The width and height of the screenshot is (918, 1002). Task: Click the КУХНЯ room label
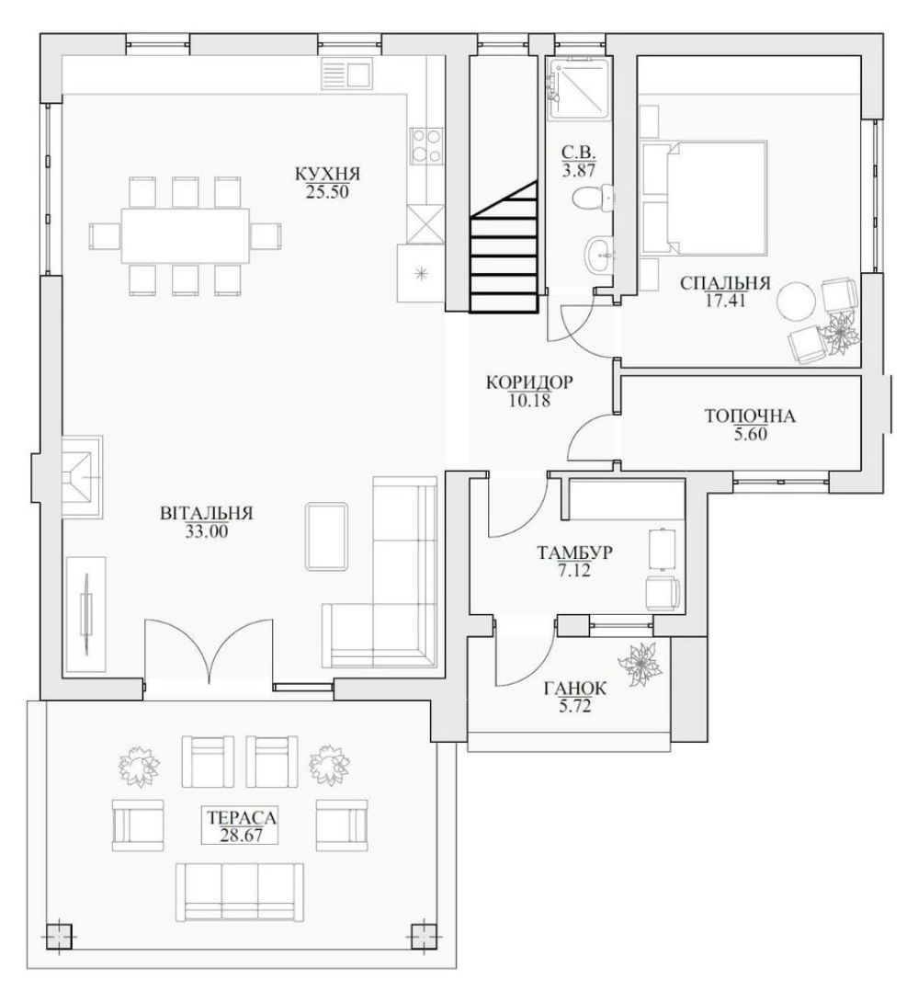[327, 174]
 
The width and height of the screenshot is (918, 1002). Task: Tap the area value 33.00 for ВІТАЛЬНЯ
[207, 530]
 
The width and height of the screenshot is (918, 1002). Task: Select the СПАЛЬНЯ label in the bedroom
[725, 283]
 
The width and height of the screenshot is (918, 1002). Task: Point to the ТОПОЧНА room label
[750, 416]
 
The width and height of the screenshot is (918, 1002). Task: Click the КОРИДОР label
[529, 382]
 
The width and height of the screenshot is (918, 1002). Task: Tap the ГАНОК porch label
[575, 689]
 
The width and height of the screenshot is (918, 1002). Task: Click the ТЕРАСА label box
[240, 826]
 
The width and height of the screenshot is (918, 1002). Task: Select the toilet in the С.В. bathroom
[593, 197]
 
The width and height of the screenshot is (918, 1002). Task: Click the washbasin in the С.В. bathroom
[600, 254]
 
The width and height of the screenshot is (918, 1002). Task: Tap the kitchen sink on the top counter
[346, 74]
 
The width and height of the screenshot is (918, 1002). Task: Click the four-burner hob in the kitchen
[425, 145]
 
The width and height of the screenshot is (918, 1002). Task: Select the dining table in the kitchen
[186, 235]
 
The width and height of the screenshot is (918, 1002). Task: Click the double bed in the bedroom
[704, 198]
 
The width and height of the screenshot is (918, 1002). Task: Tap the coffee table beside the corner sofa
[327, 536]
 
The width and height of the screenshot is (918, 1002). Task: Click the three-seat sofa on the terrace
[239, 892]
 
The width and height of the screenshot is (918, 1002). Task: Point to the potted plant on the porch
[640, 664]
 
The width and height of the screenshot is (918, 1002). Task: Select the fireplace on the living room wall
[82, 476]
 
